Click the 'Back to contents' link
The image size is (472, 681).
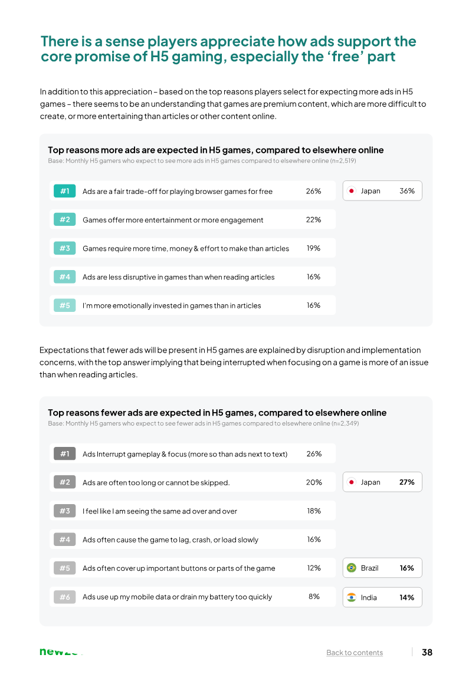click(355, 652)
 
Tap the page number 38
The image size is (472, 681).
click(427, 652)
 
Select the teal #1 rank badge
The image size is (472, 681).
click(65, 191)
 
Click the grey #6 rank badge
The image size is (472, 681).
click(65, 597)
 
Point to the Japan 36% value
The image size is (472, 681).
click(407, 191)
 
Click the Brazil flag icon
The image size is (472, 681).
click(352, 568)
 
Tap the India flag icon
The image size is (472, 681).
click(352, 598)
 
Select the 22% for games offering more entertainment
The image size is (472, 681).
click(313, 220)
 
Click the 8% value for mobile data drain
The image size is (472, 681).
click(314, 597)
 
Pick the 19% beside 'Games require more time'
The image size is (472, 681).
click(313, 248)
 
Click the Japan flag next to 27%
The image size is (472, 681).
click(352, 482)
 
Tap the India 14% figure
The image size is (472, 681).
click(407, 598)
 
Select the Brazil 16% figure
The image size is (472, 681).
click(407, 568)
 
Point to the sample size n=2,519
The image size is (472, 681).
click(343, 161)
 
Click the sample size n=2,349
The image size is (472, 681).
click(346, 423)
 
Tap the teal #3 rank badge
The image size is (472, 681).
click(65, 248)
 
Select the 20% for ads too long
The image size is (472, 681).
click(314, 482)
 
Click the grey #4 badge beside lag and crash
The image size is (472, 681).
click(65, 539)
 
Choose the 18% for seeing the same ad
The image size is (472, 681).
click(314, 511)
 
